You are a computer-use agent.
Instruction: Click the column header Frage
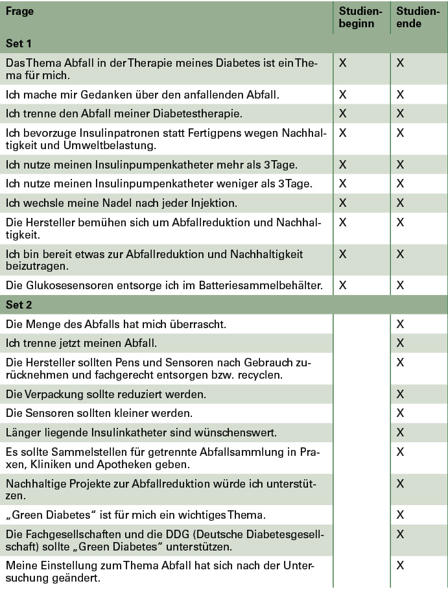coord(20,12)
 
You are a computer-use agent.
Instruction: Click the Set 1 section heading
coord(19,43)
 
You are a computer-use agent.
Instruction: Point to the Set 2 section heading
coord(19,304)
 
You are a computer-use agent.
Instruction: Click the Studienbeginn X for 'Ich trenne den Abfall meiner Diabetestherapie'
coord(343,113)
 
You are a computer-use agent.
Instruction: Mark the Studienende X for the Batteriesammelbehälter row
coord(400,285)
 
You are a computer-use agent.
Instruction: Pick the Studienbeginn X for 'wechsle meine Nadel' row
coord(343,203)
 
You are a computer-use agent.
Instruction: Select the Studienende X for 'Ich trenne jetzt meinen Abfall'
coord(400,342)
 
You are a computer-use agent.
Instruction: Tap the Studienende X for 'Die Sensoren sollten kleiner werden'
coord(400,412)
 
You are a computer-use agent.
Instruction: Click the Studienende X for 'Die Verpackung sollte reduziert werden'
coord(400,394)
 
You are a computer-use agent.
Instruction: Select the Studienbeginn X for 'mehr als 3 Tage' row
coord(343,164)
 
